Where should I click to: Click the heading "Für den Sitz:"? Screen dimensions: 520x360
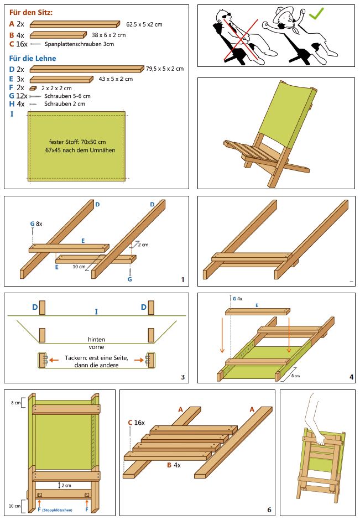click(x=32, y=12)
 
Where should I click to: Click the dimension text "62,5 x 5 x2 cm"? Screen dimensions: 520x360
click(x=144, y=24)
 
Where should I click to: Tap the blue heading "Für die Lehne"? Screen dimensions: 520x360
click(x=33, y=58)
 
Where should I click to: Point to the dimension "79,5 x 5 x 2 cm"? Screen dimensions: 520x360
click(x=165, y=69)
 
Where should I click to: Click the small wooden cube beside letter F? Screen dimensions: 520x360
click(x=33, y=88)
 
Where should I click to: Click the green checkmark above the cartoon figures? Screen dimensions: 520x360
click(x=317, y=14)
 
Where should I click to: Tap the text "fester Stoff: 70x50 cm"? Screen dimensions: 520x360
click(x=76, y=142)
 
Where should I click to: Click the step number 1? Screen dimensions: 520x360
click(x=182, y=280)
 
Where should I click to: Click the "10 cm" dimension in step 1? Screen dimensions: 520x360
click(x=79, y=267)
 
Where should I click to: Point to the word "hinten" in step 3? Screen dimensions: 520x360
click(x=96, y=340)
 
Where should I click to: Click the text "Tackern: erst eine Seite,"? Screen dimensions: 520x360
click(x=96, y=357)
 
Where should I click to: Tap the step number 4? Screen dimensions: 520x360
click(x=351, y=378)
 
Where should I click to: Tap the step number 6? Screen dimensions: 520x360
click(x=269, y=509)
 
